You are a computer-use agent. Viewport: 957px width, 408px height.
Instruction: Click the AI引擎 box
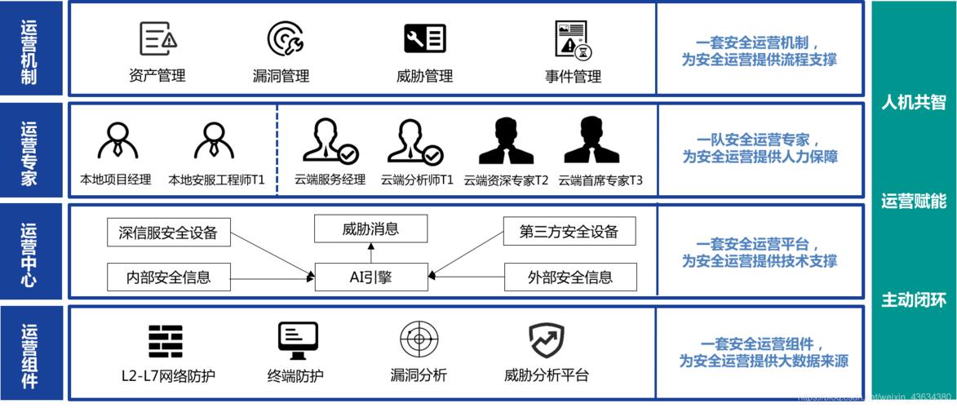coord(370,277)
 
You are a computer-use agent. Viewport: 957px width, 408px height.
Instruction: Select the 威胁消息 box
coord(370,229)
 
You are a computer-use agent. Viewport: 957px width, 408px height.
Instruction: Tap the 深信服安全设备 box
coord(168,232)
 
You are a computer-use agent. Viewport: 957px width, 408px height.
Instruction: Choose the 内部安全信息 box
coord(168,277)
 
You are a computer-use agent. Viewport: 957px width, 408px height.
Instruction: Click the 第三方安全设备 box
coord(569,232)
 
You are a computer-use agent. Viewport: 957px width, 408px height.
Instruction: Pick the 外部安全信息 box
coord(569,277)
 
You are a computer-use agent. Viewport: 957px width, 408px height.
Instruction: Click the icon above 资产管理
coord(157,38)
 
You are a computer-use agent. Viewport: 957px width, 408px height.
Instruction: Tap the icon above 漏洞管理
coord(285,38)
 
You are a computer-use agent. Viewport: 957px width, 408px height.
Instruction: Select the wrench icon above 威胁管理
coord(424,38)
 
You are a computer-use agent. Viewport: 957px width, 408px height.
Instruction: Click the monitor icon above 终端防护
coord(297,340)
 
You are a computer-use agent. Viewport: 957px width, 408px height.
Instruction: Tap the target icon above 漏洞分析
coord(419,339)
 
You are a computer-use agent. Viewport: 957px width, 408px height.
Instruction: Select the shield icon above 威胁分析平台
coord(546,340)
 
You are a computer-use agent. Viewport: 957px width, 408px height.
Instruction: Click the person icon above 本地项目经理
coord(117,141)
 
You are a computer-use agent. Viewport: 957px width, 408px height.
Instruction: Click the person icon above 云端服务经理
coord(326,141)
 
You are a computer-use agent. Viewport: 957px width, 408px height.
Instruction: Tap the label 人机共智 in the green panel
coord(913,102)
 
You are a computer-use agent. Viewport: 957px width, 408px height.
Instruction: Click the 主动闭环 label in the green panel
coord(913,300)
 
